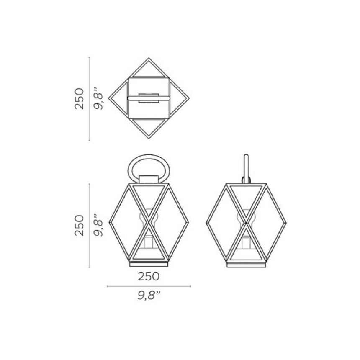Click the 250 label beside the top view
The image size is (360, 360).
point(79,99)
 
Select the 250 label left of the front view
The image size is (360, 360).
point(79,225)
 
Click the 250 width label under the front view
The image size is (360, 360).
point(149,276)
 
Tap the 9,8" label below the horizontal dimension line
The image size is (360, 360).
point(149,296)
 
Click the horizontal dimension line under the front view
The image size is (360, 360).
point(149,286)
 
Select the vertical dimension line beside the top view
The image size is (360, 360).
point(89,99)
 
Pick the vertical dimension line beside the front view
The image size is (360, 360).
point(89,225)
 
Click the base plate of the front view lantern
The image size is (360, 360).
point(149,264)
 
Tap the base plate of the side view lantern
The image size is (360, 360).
point(246,265)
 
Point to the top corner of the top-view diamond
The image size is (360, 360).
point(149,59)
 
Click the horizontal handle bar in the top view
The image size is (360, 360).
point(149,99)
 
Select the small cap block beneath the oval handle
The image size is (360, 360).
point(149,179)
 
